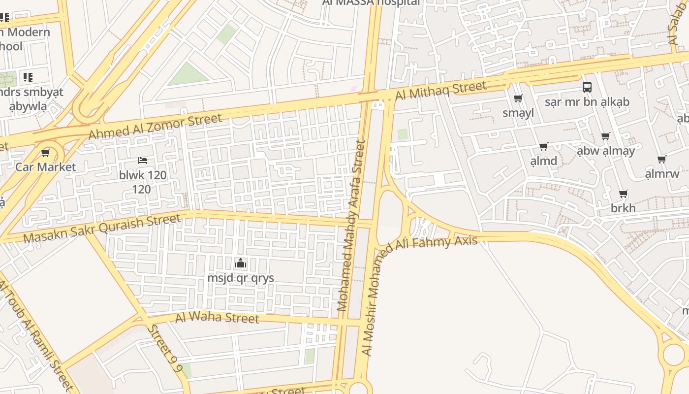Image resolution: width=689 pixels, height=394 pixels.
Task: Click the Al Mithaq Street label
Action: click(x=440, y=91)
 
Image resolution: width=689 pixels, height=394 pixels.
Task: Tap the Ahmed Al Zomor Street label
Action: click(x=155, y=126)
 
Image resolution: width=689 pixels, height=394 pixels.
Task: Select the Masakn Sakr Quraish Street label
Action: click(x=102, y=229)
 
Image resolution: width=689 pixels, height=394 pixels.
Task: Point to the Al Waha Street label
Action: click(x=217, y=317)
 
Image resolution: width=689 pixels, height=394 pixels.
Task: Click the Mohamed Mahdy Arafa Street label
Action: click(x=351, y=226)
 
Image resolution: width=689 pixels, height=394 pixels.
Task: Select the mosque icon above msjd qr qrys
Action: click(x=241, y=263)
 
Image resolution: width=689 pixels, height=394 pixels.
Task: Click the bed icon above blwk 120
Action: click(x=143, y=161)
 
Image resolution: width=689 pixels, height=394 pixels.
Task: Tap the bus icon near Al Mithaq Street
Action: click(x=587, y=87)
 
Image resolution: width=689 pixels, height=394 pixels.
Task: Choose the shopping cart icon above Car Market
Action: click(x=46, y=153)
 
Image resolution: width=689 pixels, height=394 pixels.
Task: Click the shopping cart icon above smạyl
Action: click(x=518, y=98)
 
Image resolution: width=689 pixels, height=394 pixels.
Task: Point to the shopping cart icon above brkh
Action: click(x=623, y=194)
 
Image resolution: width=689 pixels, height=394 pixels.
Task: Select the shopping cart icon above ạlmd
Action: click(x=543, y=146)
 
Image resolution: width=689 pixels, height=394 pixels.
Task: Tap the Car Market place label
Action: click(x=46, y=167)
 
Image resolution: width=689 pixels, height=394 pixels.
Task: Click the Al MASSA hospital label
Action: click(x=371, y=2)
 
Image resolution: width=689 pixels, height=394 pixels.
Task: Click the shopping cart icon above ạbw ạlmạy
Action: click(x=605, y=136)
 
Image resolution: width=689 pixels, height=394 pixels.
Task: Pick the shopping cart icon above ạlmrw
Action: click(x=662, y=159)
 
